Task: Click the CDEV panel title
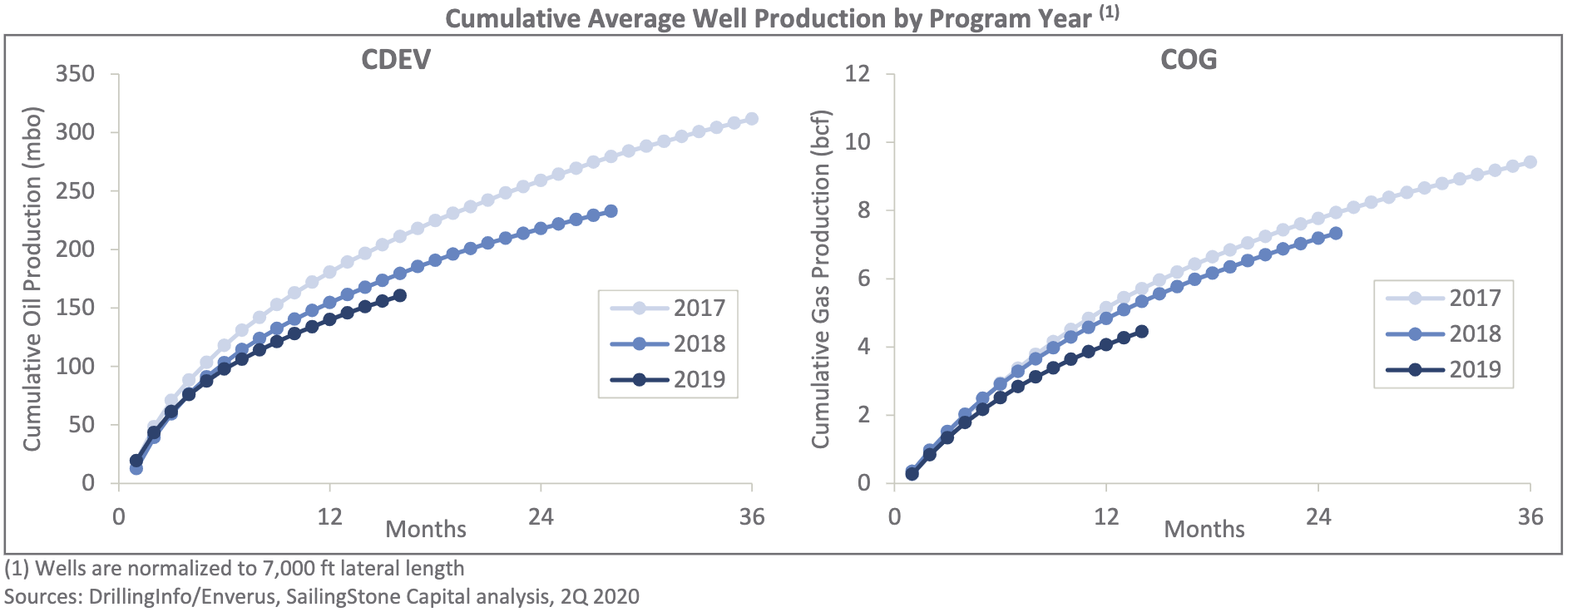coord(396,59)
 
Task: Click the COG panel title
coord(1189,59)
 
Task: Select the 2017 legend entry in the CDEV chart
coord(668,308)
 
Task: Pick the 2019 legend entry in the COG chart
coord(1444,369)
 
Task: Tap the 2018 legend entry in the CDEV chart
coord(668,343)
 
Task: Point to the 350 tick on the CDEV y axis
coord(75,74)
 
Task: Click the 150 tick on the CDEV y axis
coord(75,308)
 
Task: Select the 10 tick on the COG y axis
coord(858,142)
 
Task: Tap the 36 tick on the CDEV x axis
coord(752,517)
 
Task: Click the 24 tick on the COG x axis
coord(1318,517)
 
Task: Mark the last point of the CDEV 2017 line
coord(752,119)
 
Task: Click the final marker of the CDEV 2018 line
coord(611,211)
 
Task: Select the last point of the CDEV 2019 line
coord(400,295)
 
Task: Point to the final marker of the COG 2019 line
coord(1142,331)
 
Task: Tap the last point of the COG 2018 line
coord(1336,234)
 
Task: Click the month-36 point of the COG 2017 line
coord(1530,162)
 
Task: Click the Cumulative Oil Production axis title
coord(32,279)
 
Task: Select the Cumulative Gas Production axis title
coord(821,279)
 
